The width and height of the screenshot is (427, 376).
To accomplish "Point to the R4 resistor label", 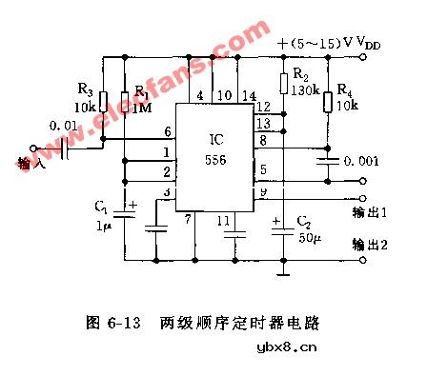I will pyautogui.click(x=345, y=91).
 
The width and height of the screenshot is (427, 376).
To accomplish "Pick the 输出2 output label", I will pyautogui.click(x=370, y=242).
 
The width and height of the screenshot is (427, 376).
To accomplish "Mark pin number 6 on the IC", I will pyautogui.click(x=168, y=131).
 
